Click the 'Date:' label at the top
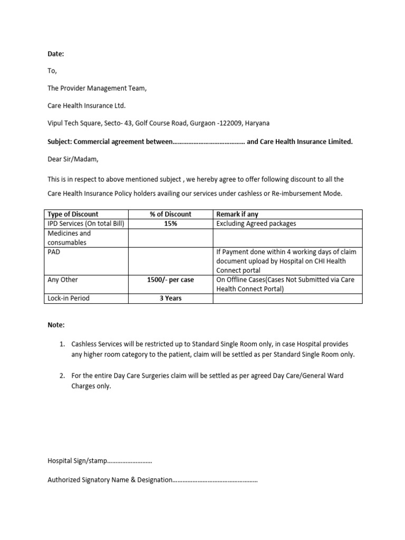tap(55, 54)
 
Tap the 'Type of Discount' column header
tap(73, 214)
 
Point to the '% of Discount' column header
tap(170, 214)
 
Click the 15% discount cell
tap(170, 224)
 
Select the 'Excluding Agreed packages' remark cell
tap(256, 224)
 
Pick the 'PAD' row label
tap(54, 252)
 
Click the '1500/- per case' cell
tap(170, 280)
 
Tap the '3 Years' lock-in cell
tap(170, 298)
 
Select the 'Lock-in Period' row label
tap(69, 298)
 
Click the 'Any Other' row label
tap(63, 280)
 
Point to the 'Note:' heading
tap(56, 325)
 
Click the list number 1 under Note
tap(62, 344)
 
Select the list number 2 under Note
tap(62, 376)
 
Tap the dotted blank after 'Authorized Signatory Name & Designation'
tap(215, 480)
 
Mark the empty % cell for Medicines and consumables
tap(170, 238)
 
